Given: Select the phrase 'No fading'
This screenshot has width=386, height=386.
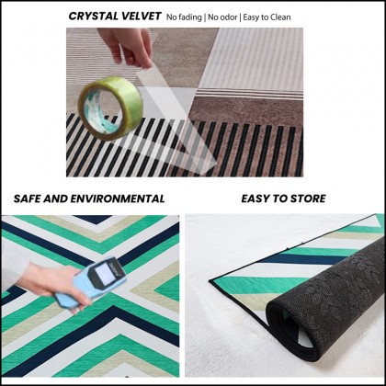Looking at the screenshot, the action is [184, 17].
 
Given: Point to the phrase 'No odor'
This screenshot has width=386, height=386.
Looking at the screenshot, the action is [222, 17].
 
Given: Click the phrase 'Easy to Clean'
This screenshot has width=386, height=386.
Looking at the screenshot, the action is [267, 17].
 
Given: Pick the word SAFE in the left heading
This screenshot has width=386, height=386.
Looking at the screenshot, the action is [27, 199].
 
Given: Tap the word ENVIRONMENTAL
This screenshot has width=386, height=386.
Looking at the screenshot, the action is [118, 199].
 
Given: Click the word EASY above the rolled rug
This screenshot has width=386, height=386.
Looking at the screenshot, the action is [256, 199].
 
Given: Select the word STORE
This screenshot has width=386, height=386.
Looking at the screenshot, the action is [309, 199].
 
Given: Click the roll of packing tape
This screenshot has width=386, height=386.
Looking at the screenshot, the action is [110, 108].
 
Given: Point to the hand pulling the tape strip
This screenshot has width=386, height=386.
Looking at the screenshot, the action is [127, 46].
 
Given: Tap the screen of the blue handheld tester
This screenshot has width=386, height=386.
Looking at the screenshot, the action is [103, 273].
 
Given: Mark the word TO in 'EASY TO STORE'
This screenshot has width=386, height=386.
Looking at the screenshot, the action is [281, 199].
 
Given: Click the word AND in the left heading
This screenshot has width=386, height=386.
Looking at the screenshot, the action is [55, 199].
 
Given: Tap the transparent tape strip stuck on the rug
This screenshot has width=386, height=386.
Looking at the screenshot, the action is [172, 126].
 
